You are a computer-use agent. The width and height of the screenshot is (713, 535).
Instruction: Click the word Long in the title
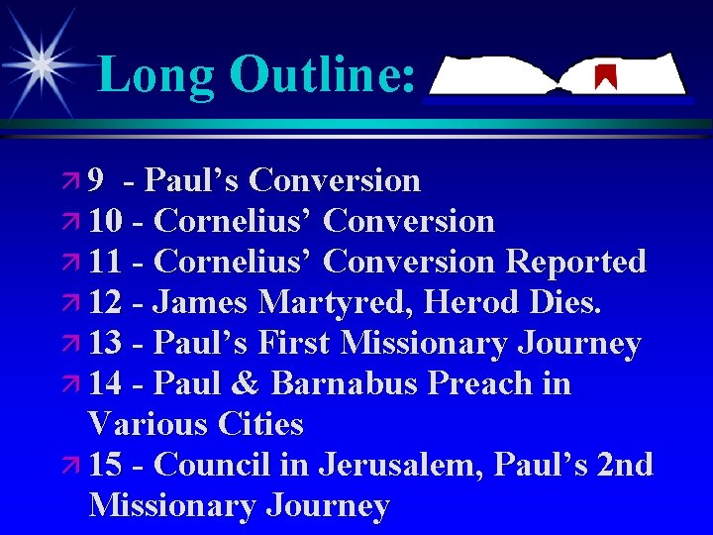point(156,75)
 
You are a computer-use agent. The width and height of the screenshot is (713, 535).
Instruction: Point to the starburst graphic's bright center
point(41,63)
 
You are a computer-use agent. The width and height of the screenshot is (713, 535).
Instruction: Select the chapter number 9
point(96,180)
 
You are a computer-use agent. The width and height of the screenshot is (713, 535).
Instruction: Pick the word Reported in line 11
point(575,262)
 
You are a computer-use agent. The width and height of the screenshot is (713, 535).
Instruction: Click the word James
point(203,302)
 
